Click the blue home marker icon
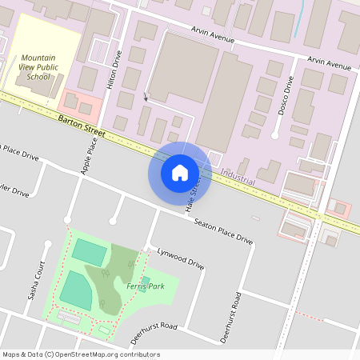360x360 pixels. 180,172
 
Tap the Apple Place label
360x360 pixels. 88,156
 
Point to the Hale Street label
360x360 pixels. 193,194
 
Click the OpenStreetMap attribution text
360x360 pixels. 81,354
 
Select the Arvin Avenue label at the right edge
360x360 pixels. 332,63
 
